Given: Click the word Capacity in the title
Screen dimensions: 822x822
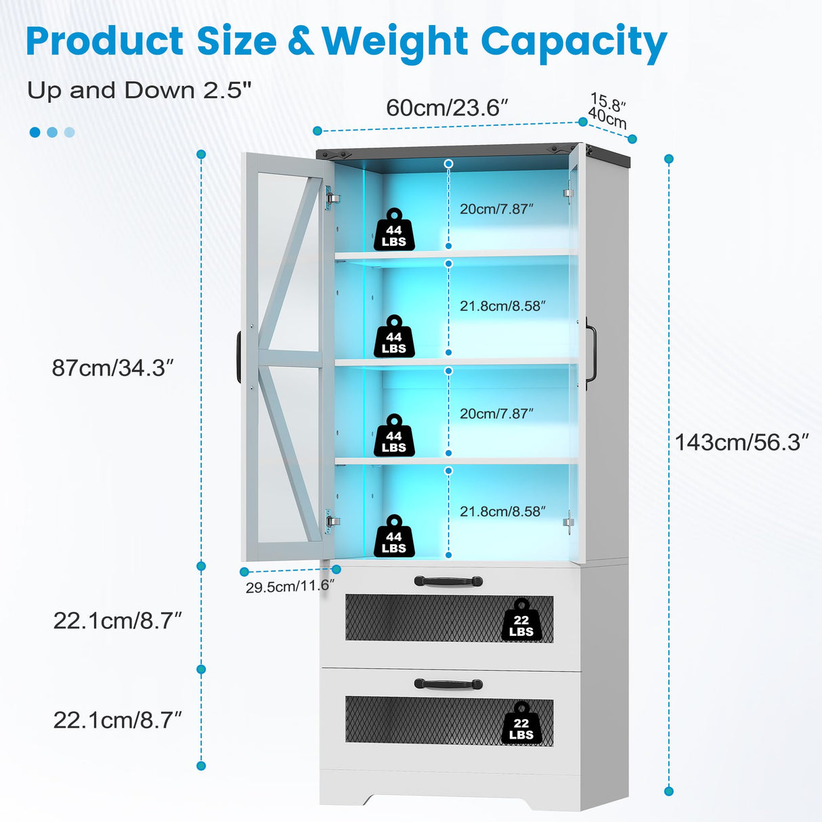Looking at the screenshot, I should pos(574,42).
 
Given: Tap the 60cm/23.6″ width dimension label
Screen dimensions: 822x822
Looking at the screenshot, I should pos(447,108).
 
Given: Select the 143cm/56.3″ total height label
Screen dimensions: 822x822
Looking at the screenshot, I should pos(741,442).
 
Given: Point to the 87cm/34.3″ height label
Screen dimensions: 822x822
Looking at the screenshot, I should pos(113,368).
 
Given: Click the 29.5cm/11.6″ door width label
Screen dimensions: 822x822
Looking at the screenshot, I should pos(290,586).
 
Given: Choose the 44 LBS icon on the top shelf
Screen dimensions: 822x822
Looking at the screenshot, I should pos(394,230).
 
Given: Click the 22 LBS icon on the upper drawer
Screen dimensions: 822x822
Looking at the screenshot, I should pos(521,620).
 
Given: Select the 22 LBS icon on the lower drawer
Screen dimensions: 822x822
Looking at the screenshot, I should pos(521,723).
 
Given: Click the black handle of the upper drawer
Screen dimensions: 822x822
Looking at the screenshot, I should pos(448,581).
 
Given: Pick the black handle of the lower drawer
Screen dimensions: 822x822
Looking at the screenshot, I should pos(448,684).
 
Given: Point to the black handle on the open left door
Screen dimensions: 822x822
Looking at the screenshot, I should pos(239,357).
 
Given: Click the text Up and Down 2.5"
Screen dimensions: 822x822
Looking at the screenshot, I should pos(139,90).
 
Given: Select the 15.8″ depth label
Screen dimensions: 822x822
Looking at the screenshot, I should pos(608,104).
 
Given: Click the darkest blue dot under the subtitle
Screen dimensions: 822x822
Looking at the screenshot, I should pos(35,132).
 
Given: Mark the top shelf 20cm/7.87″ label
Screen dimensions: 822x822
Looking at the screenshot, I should pos(496,209).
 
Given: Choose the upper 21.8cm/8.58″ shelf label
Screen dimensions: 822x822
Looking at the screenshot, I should pos(502,306).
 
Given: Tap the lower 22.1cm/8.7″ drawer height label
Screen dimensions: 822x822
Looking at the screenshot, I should pos(118,720).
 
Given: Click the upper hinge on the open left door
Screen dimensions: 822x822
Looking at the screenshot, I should pos(331,198).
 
